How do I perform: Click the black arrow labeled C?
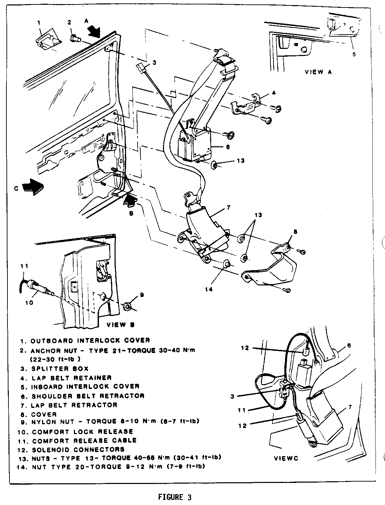[x=33, y=187]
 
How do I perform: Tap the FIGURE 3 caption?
[x=175, y=497]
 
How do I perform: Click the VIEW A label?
[x=318, y=72]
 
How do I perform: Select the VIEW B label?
[x=120, y=324]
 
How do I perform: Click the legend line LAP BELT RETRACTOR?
[x=74, y=405]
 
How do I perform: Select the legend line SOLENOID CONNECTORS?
[x=78, y=449]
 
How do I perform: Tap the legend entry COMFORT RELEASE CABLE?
[x=84, y=441]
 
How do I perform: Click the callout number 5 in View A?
[x=354, y=54]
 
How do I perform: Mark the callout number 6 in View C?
[x=349, y=345]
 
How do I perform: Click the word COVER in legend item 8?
[x=44, y=414]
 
